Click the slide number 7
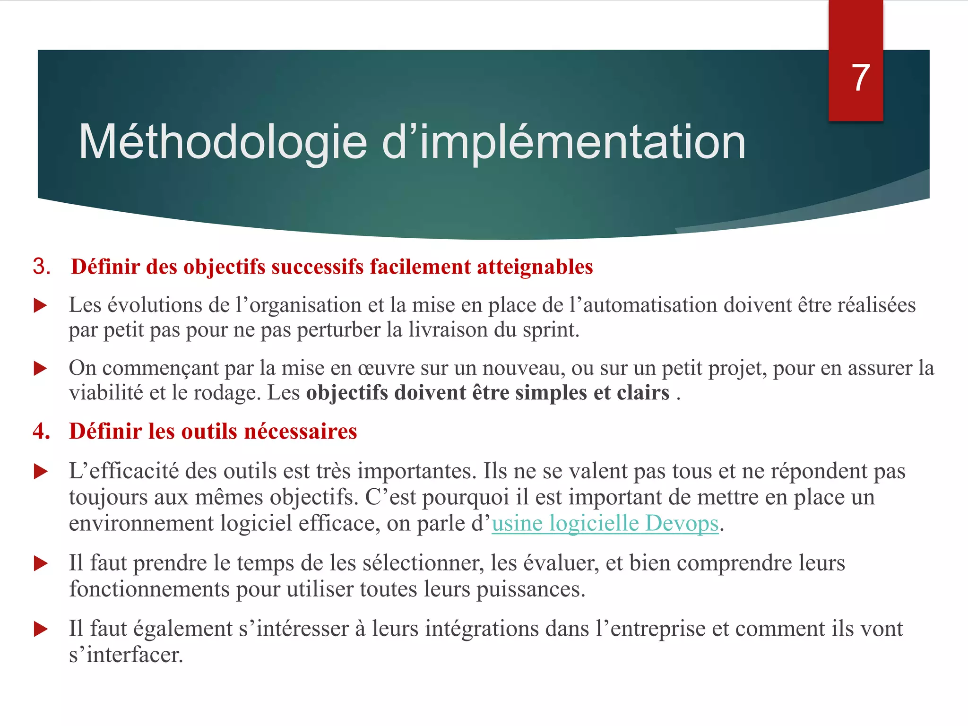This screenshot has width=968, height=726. (860, 78)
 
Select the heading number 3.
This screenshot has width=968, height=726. (42, 267)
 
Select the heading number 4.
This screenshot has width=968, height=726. (42, 431)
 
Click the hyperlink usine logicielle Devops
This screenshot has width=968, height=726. (605, 524)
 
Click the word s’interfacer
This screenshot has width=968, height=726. (126, 655)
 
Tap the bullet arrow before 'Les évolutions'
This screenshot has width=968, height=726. (41, 306)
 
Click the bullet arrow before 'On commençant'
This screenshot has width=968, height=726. (41, 369)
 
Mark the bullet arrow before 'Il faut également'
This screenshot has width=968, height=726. (41, 629)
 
